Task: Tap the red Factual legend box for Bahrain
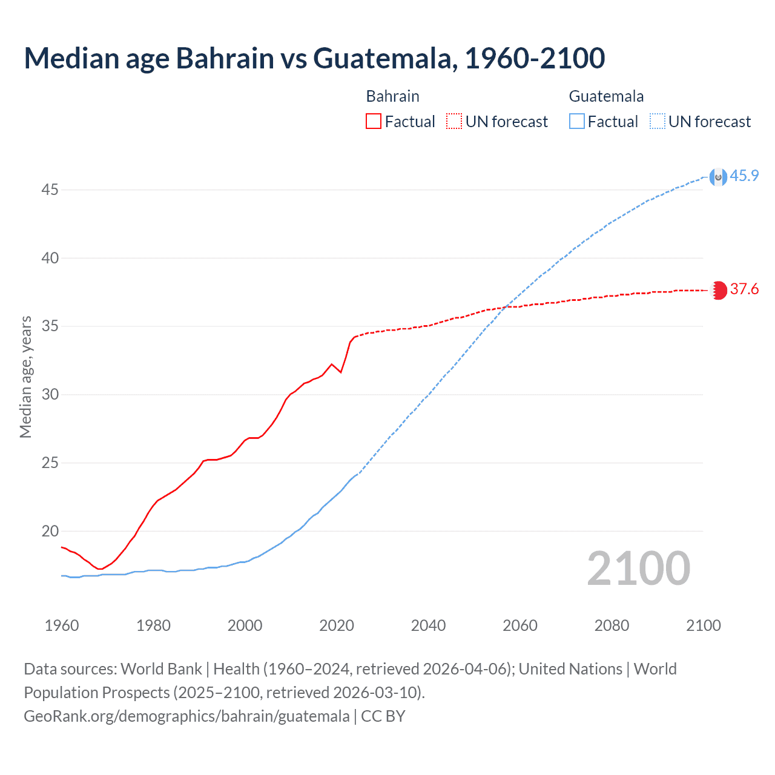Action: [x=374, y=121]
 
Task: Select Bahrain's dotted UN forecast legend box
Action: [x=454, y=121]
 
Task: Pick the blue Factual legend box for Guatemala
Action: [x=576, y=121]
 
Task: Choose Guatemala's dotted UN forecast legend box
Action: [x=657, y=121]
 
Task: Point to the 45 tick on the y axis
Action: [x=50, y=190]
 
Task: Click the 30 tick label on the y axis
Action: [x=50, y=394]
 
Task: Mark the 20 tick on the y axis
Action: [x=50, y=531]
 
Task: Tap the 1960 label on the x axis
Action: [x=62, y=625]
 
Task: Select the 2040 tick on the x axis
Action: [x=428, y=625]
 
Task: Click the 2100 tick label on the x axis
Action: [x=703, y=625]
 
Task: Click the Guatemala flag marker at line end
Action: [x=718, y=177]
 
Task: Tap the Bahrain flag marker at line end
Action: [x=718, y=290]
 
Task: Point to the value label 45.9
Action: [x=744, y=176]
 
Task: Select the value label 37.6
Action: [x=744, y=289]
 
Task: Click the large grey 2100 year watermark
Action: [x=638, y=568]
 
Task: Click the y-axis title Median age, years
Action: [x=25, y=376]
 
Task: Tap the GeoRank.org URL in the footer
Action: [x=186, y=716]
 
